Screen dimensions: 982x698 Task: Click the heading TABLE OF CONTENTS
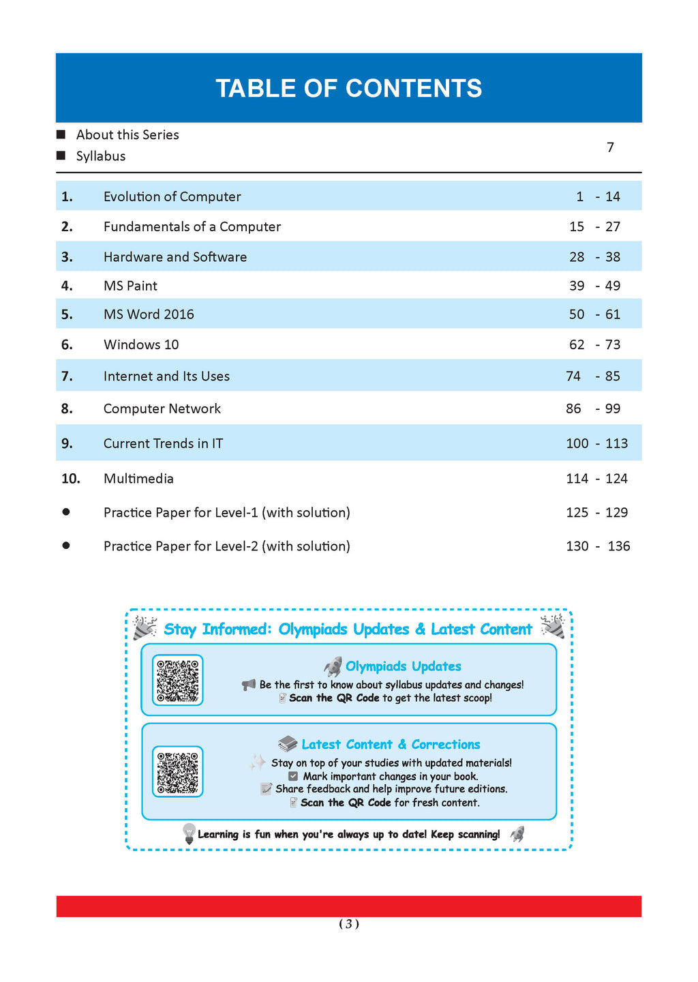pos(348,89)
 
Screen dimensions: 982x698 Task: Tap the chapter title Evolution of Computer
pos(172,196)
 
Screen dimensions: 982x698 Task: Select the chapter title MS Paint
pos(130,286)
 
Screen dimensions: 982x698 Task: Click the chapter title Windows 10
pos(141,344)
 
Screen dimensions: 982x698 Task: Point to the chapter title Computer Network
pos(162,408)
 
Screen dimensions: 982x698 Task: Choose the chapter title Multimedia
pos(138,479)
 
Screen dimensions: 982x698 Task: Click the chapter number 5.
pos(67,314)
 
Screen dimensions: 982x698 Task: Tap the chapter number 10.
pos(71,479)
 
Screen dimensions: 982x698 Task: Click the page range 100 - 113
pos(596,443)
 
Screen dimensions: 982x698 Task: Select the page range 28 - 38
pos(594,257)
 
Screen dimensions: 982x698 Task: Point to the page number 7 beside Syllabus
pos(610,147)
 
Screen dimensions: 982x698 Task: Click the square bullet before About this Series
pos(61,134)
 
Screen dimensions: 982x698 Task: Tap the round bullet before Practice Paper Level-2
pos(66,546)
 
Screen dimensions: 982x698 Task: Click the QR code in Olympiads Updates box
pos(177,680)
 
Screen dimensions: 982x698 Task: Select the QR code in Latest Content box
pos(177,771)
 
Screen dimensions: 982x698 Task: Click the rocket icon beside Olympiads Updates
pos(333,666)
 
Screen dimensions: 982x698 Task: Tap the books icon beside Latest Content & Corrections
pos(288,744)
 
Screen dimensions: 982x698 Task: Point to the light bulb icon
pos(189,833)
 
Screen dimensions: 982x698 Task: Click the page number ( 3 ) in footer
pos(348,924)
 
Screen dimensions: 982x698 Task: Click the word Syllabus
pos(101,156)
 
